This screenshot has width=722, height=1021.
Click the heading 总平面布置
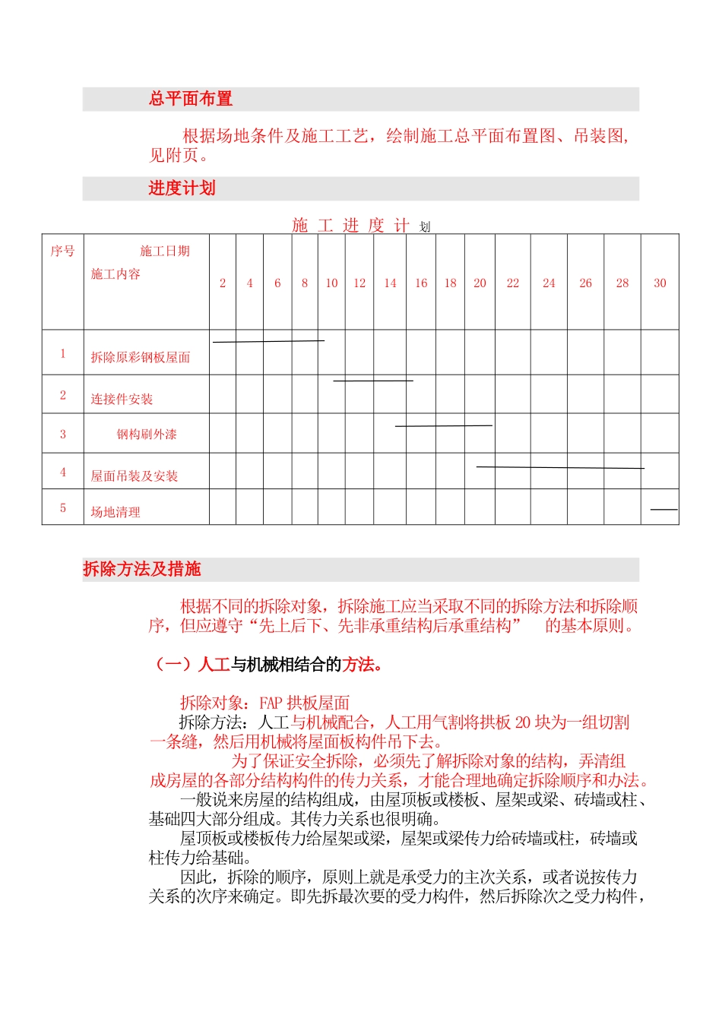click(x=191, y=99)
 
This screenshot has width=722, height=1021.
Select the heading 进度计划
click(x=182, y=188)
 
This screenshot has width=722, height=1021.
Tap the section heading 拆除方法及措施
click(x=142, y=569)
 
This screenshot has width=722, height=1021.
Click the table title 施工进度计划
click(x=361, y=226)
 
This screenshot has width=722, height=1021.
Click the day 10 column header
click(x=331, y=283)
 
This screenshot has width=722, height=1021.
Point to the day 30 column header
click(x=660, y=283)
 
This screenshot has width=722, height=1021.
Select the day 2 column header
click(x=223, y=283)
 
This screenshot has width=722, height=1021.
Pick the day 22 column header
click(x=513, y=283)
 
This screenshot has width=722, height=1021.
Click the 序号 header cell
click(x=62, y=251)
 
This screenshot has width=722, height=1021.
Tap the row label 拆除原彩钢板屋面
click(x=141, y=358)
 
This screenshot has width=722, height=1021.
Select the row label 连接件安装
click(x=122, y=400)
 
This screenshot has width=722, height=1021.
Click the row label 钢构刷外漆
click(x=147, y=435)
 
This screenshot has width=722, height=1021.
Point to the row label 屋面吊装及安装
click(x=135, y=476)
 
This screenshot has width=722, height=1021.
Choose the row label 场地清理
click(x=116, y=512)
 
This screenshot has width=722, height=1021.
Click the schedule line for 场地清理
click(x=663, y=509)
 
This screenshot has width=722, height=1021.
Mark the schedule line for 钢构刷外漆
click(x=444, y=426)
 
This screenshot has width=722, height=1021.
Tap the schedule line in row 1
click(x=268, y=341)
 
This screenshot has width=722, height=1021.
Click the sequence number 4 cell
click(x=63, y=473)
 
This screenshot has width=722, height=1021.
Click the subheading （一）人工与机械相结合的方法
click(x=270, y=665)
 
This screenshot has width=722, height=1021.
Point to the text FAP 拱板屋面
click(x=304, y=703)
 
